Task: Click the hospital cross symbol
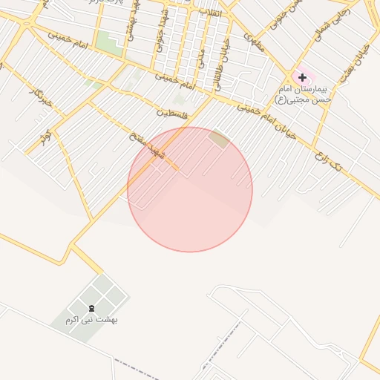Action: (x=302, y=76)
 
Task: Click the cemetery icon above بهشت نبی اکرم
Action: (x=92, y=308)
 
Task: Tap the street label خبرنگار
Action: (x=41, y=96)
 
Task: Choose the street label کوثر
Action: (x=46, y=137)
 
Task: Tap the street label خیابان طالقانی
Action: (x=223, y=65)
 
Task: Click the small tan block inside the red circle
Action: (x=218, y=137)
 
